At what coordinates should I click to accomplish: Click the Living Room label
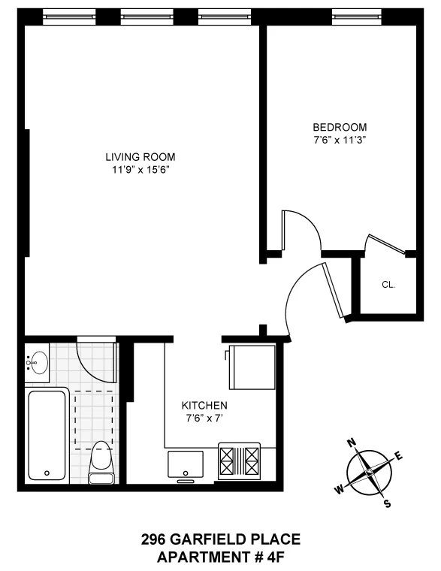click(140, 157)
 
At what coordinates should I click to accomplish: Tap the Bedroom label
click(340, 127)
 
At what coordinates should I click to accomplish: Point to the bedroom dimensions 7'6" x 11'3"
click(340, 139)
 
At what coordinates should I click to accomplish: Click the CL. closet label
click(388, 285)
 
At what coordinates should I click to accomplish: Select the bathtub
click(47, 437)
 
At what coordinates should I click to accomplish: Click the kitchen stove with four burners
click(240, 461)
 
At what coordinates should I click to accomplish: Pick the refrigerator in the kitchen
click(251, 367)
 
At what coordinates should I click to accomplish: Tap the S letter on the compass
click(387, 503)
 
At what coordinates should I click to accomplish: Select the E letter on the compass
click(399, 455)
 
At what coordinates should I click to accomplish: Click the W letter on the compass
click(340, 490)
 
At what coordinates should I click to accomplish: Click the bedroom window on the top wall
click(355, 13)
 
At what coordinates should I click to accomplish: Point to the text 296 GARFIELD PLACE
click(221, 539)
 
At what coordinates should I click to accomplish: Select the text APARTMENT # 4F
click(221, 557)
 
